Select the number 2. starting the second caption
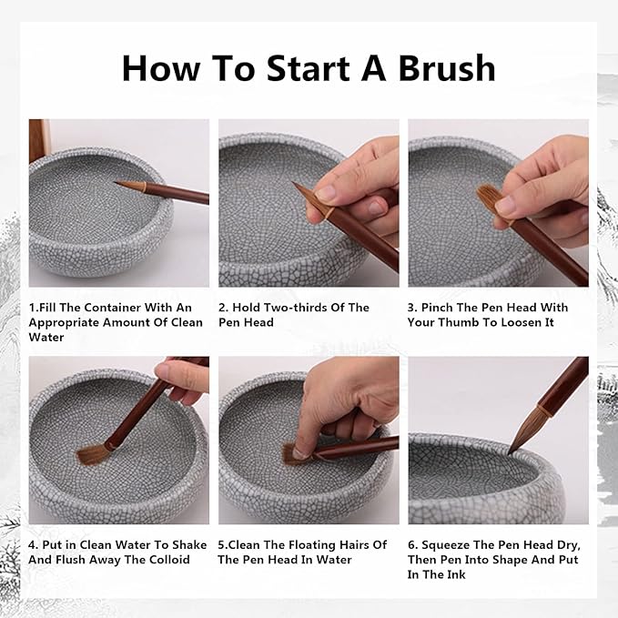click(224, 308)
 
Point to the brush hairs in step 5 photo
click(292, 452)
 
